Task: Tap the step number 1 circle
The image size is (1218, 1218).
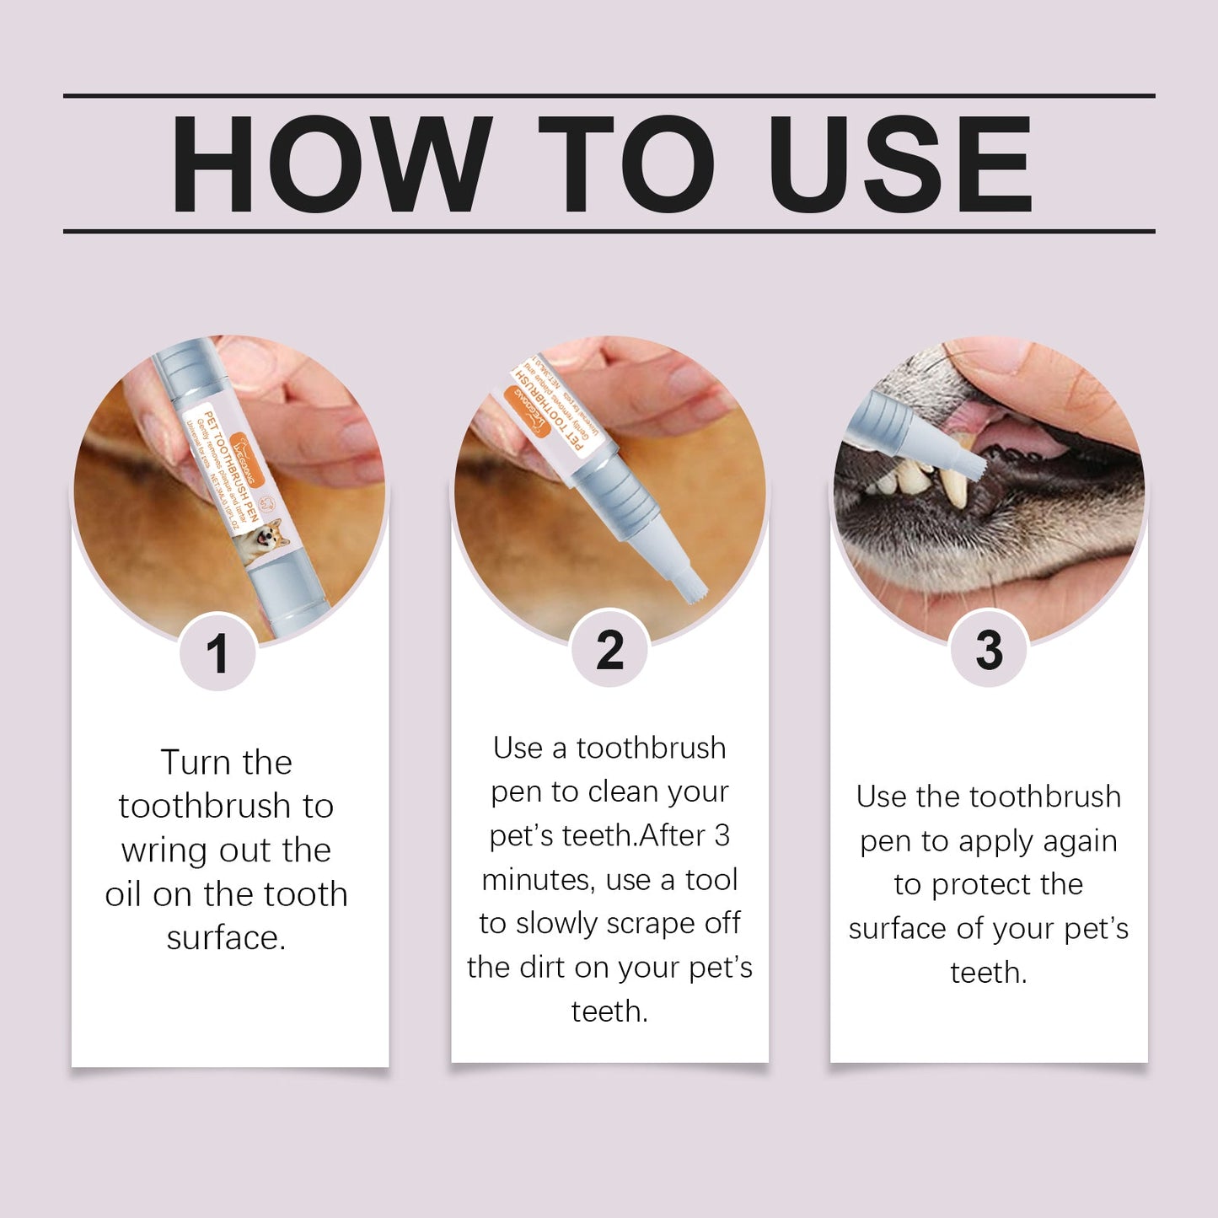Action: pos(217,652)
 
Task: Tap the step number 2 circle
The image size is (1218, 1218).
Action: pos(609,651)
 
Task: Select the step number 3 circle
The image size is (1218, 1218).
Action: pos(989,651)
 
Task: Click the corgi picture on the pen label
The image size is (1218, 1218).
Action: pos(261,540)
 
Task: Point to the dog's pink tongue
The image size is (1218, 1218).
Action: pos(1011,430)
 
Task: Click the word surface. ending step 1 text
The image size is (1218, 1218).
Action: pos(226,938)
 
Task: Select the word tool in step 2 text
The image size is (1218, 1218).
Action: pos(711,880)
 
